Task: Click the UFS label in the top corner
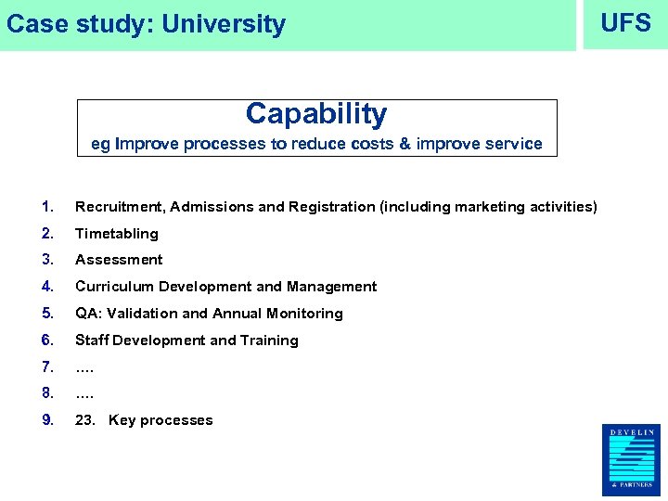[625, 23]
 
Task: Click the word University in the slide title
[224, 24]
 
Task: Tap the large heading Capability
[316, 114]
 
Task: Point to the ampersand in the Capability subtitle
[404, 144]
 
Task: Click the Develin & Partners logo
[630, 460]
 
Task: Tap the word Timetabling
[117, 234]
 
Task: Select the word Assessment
[119, 260]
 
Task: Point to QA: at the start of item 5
[88, 314]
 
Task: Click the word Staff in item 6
[92, 340]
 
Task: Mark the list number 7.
[47, 367]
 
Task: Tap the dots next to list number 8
[84, 393]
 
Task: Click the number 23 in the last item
[84, 420]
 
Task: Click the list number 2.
[47, 234]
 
